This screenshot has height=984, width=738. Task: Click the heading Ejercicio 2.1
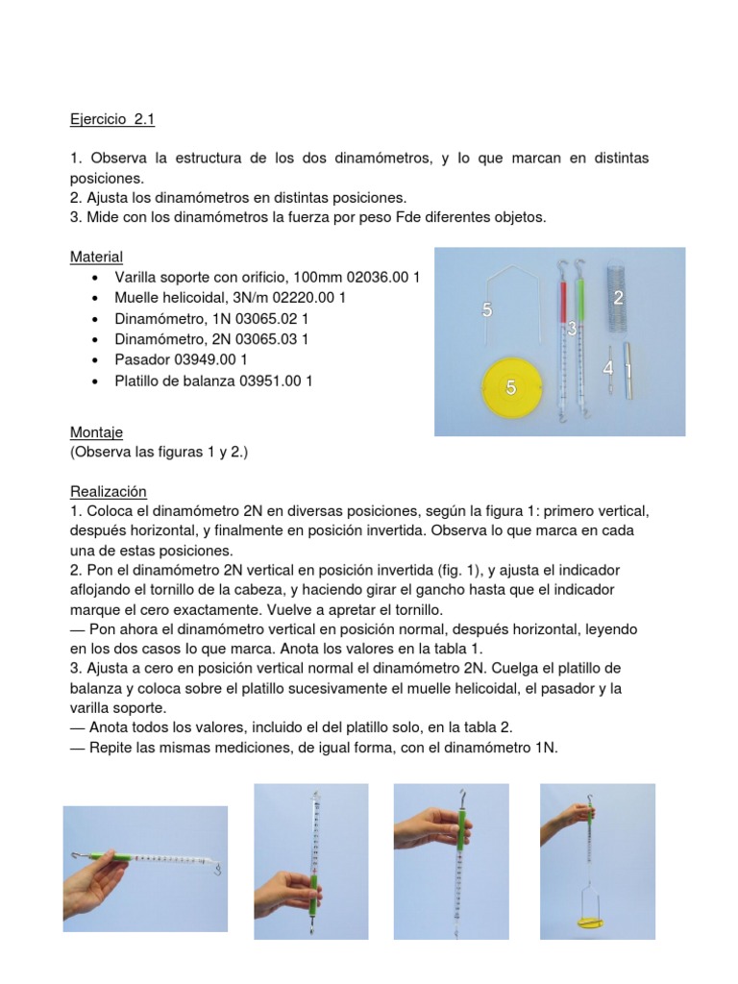click(x=111, y=120)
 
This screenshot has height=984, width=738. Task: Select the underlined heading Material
click(x=96, y=257)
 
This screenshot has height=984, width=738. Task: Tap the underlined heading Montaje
click(x=96, y=432)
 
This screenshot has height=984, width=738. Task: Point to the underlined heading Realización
click(x=108, y=490)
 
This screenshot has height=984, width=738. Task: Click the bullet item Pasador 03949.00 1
click(x=181, y=359)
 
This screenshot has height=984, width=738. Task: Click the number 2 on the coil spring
click(x=619, y=297)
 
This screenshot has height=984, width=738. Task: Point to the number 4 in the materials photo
click(x=607, y=368)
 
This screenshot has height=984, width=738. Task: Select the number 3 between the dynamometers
click(x=572, y=330)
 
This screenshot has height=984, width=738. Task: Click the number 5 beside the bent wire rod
click(x=487, y=309)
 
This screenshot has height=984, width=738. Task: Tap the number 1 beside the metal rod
click(x=628, y=369)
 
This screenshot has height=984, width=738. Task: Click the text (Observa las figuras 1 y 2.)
click(x=159, y=452)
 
